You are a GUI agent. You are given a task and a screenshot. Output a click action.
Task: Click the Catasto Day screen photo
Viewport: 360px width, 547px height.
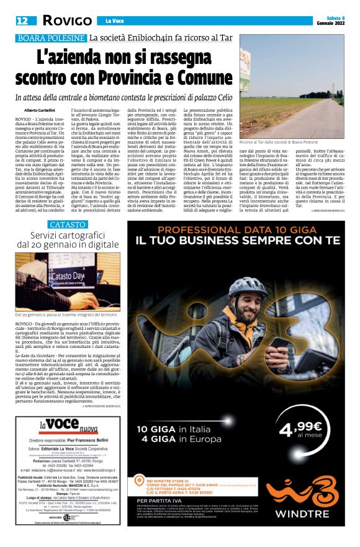click(68, 282)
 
